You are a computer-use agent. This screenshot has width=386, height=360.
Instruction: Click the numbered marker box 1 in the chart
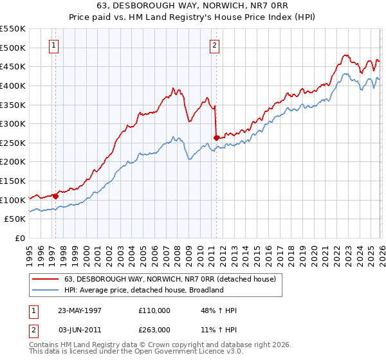(53, 45)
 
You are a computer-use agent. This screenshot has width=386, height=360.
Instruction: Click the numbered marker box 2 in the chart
(214, 45)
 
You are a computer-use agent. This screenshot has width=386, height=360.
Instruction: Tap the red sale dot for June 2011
(216, 137)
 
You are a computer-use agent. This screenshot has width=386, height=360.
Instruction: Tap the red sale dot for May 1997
(56, 195)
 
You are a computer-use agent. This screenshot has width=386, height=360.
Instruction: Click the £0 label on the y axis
(20, 239)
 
